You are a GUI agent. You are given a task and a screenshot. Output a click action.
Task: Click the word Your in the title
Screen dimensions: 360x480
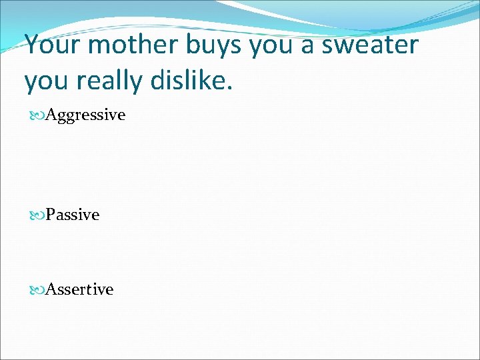[53, 45]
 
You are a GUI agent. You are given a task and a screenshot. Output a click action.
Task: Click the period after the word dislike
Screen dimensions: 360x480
[231, 88]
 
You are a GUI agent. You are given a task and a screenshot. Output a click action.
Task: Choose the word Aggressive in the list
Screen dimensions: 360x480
[85, 115]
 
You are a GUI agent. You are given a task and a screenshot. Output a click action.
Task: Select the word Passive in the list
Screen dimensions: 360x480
[72, 215]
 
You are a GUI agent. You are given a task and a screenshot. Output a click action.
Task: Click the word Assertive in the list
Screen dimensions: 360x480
[79, 289]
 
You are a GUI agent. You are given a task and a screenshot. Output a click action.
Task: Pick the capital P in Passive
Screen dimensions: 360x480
[50, 215]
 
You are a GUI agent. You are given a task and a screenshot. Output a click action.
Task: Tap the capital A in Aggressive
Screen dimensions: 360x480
[51, 115]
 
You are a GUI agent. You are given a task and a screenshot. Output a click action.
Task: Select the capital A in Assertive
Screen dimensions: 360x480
[51, 289]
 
